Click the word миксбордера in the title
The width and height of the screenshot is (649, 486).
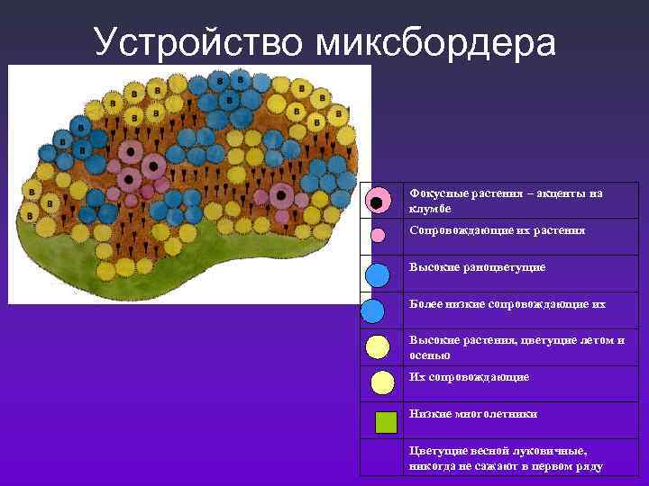pyautogui.click(x=435, y=40)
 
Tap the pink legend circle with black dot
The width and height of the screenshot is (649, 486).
pyautogui.click(x=379, y=201)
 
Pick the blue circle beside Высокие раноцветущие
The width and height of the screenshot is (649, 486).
pyautogui.click(x=378, y=273)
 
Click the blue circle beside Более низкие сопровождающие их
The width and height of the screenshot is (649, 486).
pyautogui.click(x=373, y=310)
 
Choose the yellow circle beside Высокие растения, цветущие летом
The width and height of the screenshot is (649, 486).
pyautogui.click(x=378, y=346)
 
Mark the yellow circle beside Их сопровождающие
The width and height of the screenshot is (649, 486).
pyautogui.click(x=382, y=382)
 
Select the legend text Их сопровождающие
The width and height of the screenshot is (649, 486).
pyautogui.click(x=469, y=377)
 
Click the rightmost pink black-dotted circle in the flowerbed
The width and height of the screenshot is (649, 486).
pyautogui.click(x=282, y=194)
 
